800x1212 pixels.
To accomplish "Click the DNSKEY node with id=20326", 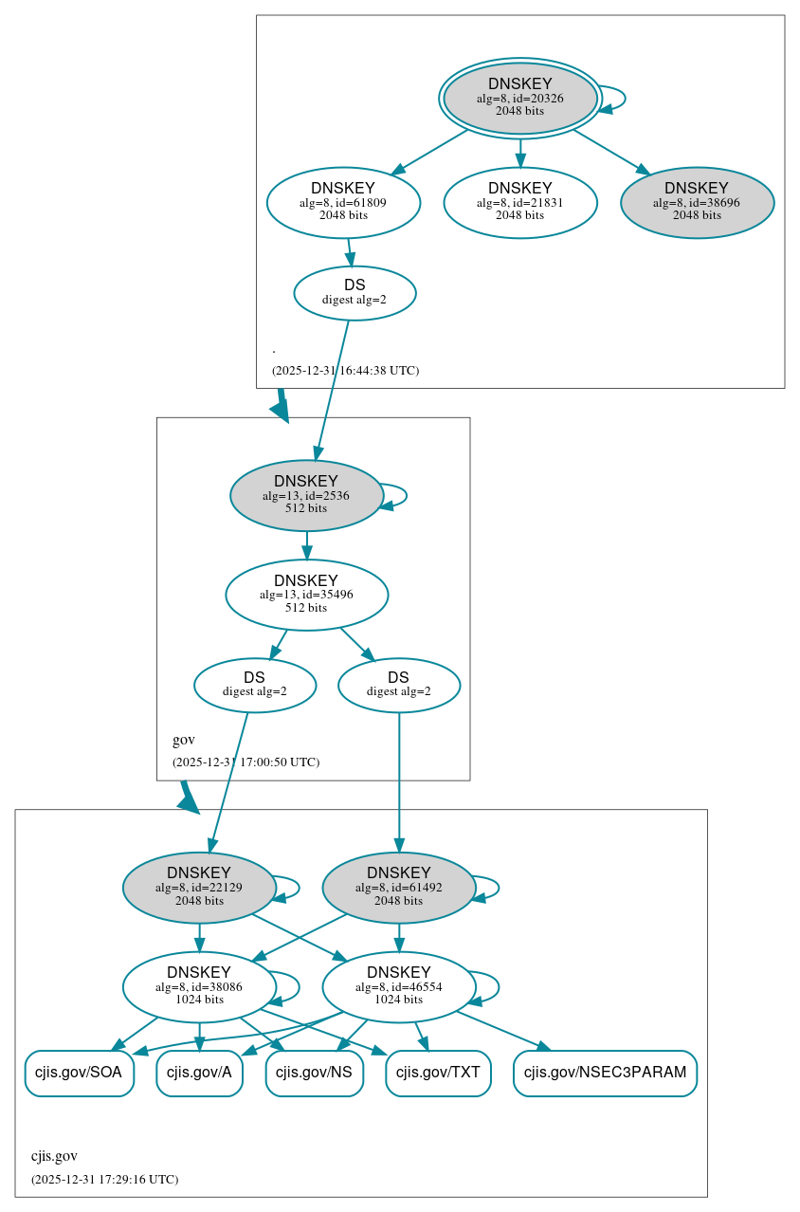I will (519, 98).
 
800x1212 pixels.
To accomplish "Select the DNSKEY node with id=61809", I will (343, 202).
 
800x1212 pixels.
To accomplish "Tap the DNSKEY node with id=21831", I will (519, 202).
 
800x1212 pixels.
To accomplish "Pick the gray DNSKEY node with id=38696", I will (697, 202).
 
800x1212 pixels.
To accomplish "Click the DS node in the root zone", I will (355, 293).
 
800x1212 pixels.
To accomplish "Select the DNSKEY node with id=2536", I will (305, 495).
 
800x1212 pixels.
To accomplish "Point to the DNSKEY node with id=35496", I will (306, 595).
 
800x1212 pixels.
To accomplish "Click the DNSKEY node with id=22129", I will (199, 888).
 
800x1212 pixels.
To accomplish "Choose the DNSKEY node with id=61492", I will (398, 888).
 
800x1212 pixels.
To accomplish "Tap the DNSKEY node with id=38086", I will (199, 987).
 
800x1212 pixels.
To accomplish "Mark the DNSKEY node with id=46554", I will (398, 987).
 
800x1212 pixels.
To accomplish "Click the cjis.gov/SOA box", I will (80, 1073).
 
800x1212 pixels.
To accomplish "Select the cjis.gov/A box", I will (199, 1073).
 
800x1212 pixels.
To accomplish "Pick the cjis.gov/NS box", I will (314, 1073).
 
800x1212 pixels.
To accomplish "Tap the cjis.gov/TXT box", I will (438, 1073).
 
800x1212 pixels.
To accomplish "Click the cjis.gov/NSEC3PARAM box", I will (605, 1073).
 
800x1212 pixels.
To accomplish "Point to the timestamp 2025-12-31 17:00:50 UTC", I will (245, 762).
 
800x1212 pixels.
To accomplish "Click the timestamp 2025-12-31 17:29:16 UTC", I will (104, 1179).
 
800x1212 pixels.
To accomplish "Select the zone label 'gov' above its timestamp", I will (184, 740).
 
